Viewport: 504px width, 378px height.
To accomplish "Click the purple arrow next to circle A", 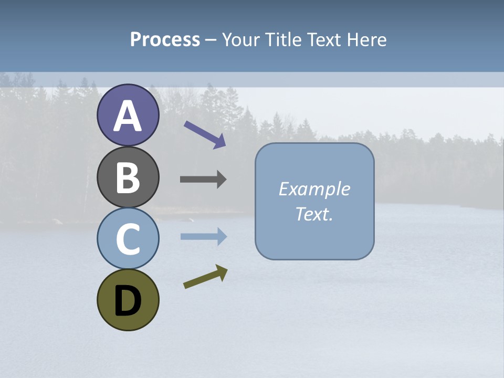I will pos(205,134).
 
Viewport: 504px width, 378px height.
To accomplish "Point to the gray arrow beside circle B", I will pos(203,180).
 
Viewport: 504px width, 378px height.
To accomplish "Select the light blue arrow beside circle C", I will pos(204,237).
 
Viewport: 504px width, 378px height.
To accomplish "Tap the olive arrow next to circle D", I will pos(205,277).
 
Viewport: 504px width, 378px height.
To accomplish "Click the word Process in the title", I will pos(165,39).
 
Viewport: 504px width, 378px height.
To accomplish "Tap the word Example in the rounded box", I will pos(314,189).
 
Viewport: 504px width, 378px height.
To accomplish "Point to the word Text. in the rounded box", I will pos(314,214).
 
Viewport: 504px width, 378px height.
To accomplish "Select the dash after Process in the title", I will pos(211,40).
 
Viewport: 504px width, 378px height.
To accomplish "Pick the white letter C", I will pos(128,239).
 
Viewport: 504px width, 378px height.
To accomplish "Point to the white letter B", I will pos(128,178).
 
